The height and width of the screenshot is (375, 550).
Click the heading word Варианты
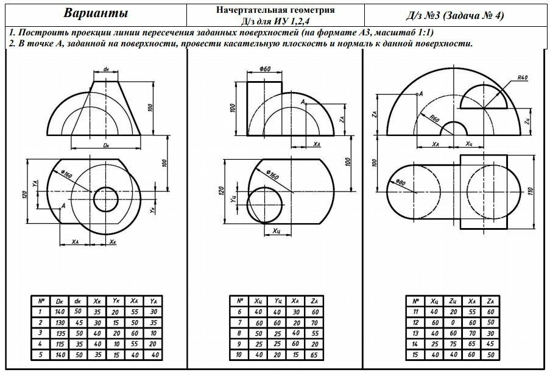tap(96, 14)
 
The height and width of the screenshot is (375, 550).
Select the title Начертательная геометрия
tap(275, 10)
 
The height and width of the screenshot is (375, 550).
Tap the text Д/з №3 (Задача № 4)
tap(456, 15)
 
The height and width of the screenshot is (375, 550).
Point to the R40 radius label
tap(522, 78)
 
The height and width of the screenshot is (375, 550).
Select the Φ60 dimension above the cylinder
tap(264, 70)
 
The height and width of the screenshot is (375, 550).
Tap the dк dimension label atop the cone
tap(106, 70)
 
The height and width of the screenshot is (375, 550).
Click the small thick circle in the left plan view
tap(106, 199)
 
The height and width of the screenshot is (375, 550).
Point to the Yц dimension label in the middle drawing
tap(234, 199)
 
